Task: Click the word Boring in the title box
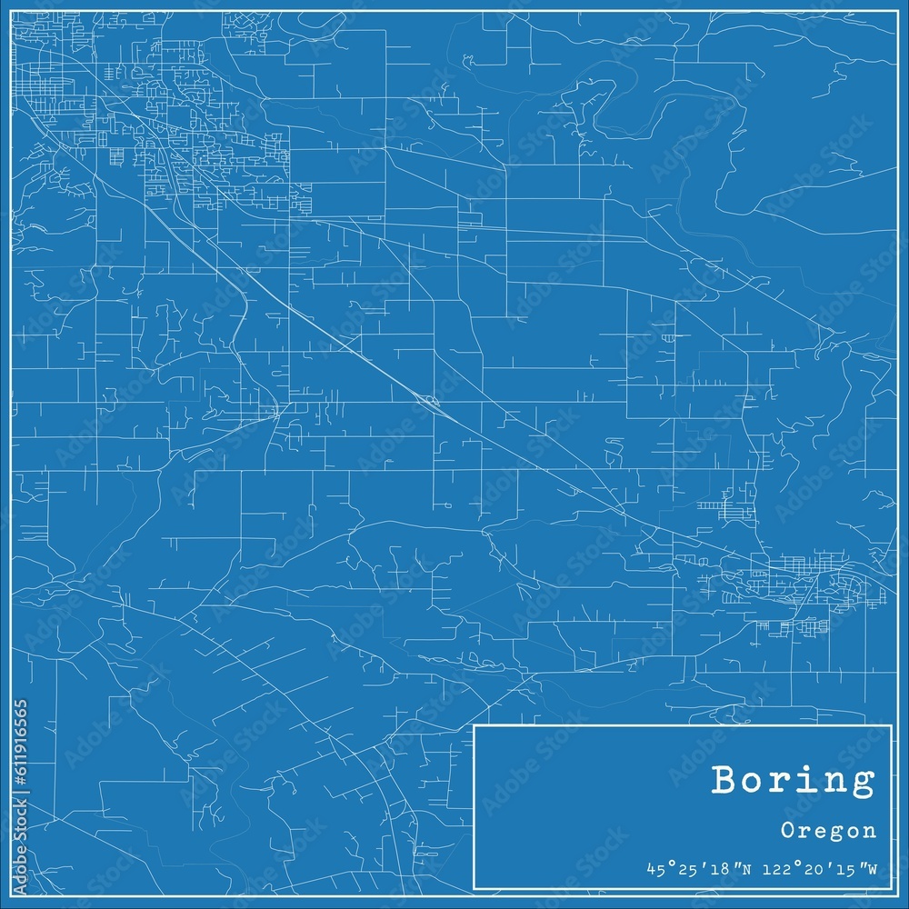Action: [x=794, y=781]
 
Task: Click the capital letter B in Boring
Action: [x=725, y=779]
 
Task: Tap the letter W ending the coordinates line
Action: [x=871, y=869]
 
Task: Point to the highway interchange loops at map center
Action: [x=426, y=400]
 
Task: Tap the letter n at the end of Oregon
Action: [x=871, y=830]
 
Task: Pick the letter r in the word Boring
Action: [x=781, y=781]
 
